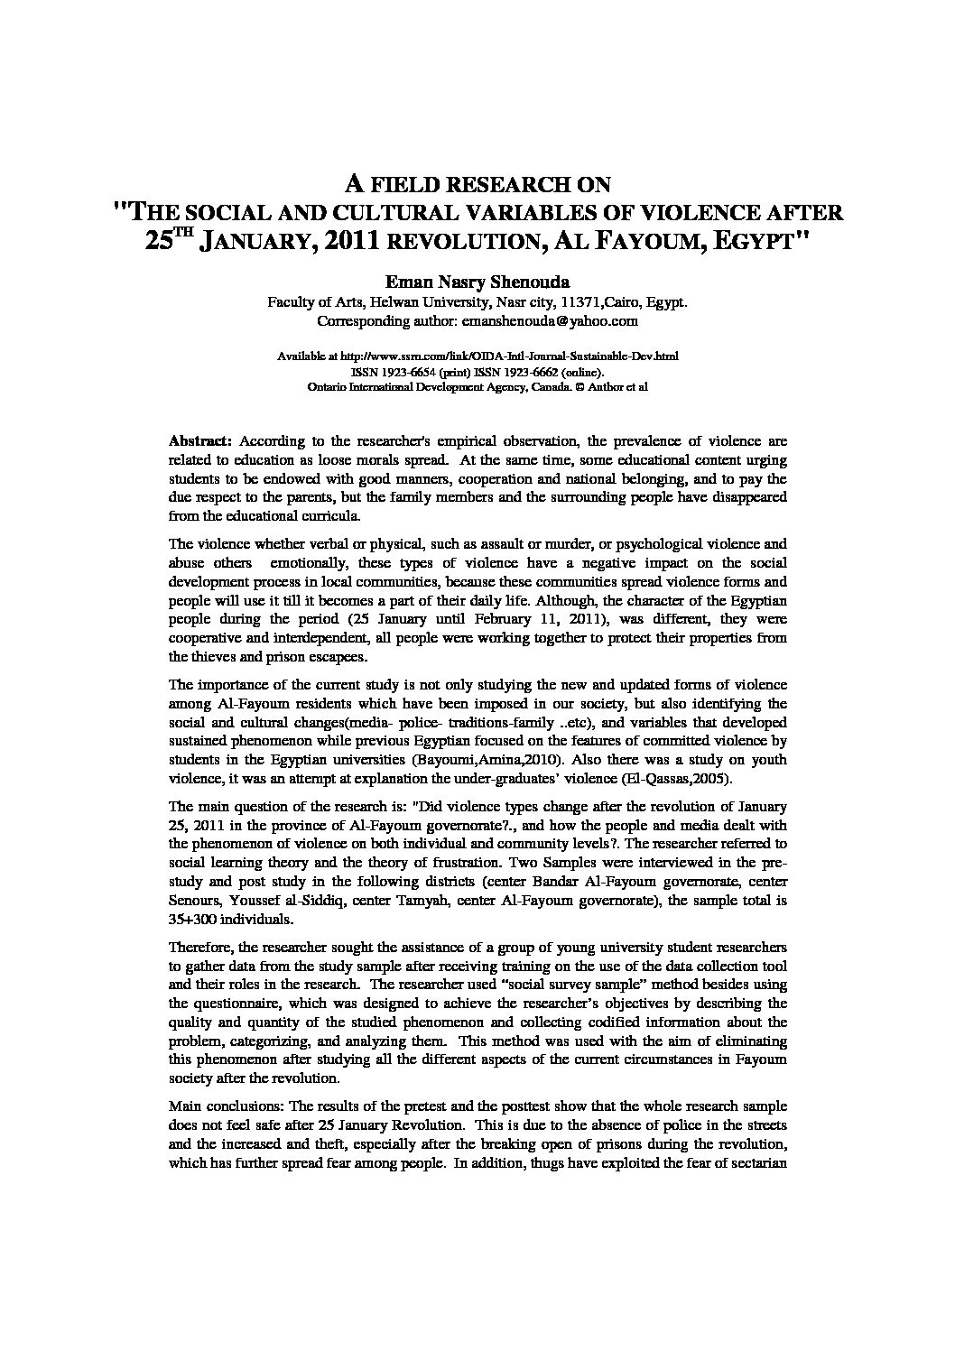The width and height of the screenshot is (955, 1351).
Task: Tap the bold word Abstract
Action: tap(201, 441)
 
